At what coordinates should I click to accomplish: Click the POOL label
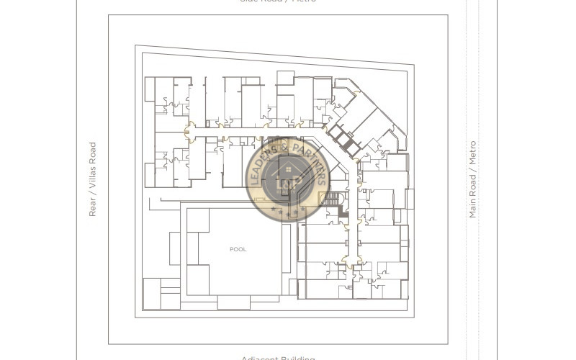tap(238, 249)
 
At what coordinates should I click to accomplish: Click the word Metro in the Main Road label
tap(473, 152)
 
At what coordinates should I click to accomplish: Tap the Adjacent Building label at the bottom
tap(278, 358)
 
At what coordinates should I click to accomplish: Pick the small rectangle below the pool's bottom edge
tap(233, 302)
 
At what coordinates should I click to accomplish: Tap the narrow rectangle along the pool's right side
tap(287, 248)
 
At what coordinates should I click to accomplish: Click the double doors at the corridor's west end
tap(190, 132)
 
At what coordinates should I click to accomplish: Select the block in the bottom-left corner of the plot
tap(161, 294)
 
